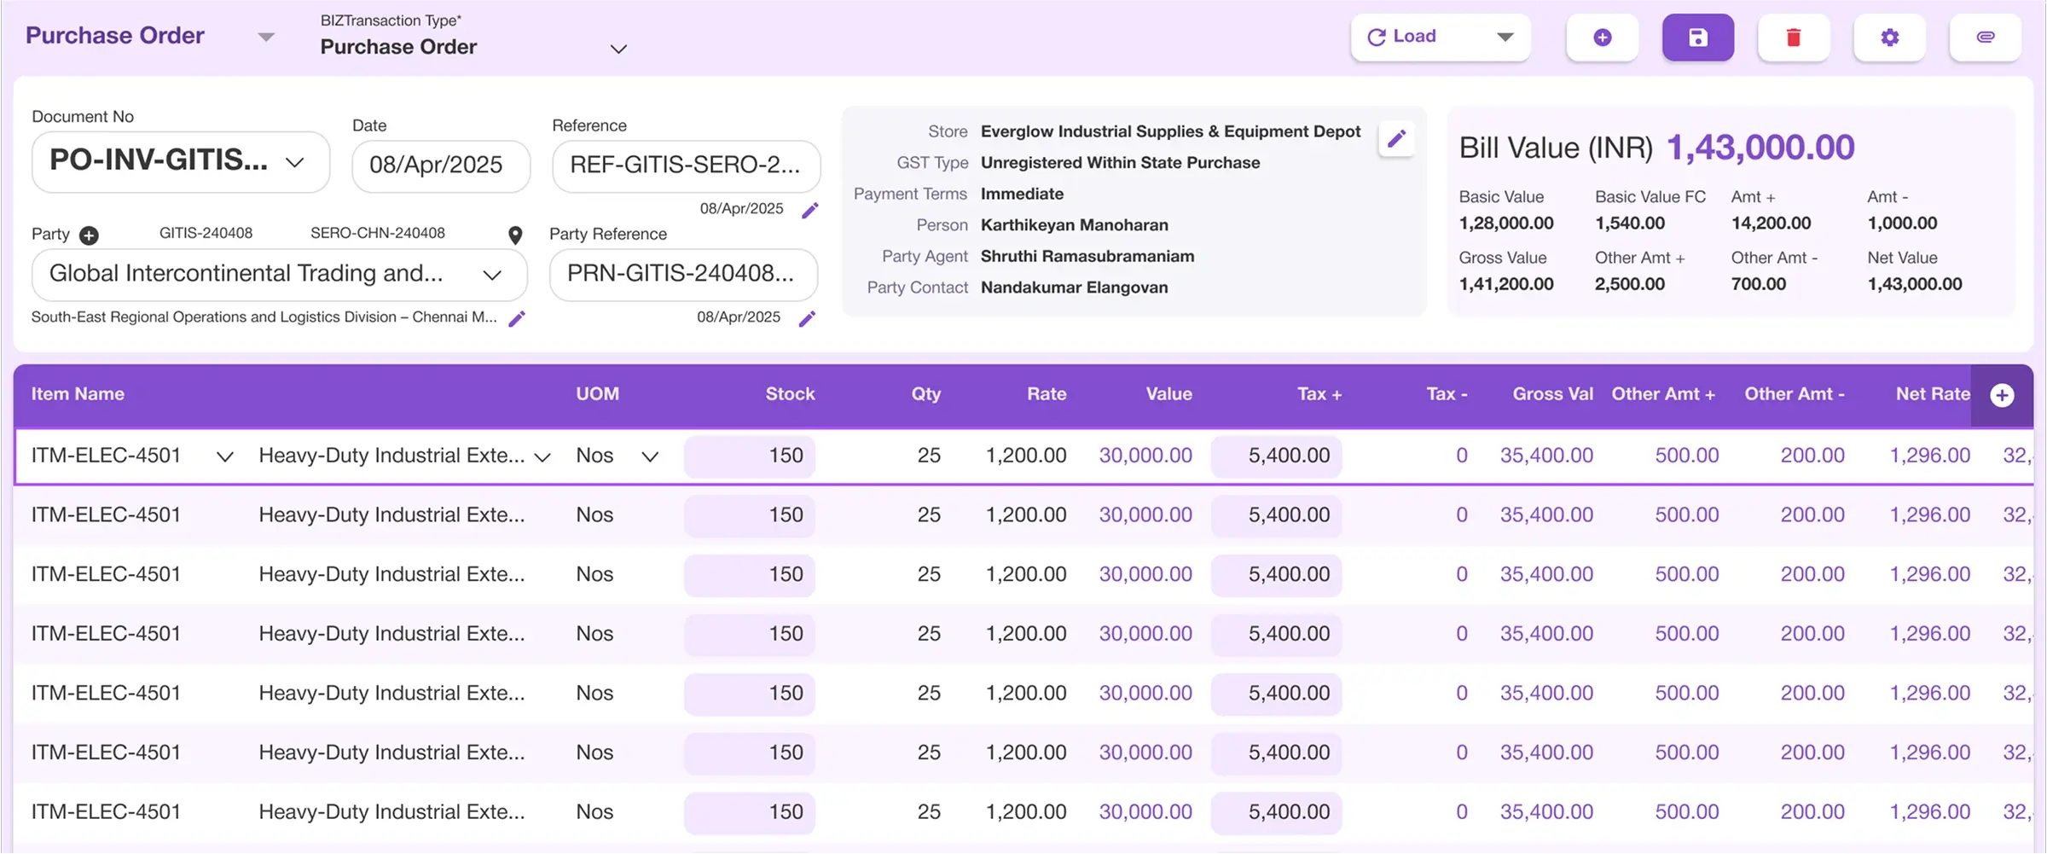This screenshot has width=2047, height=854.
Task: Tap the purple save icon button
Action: pyautogui.click(x=1697, y=38)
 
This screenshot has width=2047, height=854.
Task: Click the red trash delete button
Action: pyautogui.click(x=1793, y=38)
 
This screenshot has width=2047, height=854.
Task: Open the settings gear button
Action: pyautogui.click(x=1889, y=38)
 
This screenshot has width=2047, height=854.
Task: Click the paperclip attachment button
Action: pyautogui.click(x=1985, y=38)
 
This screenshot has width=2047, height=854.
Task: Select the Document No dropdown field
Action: pyautogui.click(x=180, y=162)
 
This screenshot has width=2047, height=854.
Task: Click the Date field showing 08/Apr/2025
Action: pyautogui.click(x=440, y=166)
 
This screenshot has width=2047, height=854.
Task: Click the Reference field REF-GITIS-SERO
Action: pyautogui.click(x=686, y=166)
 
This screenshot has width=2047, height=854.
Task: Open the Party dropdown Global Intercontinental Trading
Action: pyautogui.click(x=279, y=274)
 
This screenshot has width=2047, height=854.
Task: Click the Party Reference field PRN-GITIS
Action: pyautogui.click(x=682, y=274)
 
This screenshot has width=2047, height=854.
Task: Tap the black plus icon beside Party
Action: pyautogui.click(x=89, y=235)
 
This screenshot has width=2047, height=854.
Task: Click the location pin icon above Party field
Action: pyautogui.click(x=515, y=235)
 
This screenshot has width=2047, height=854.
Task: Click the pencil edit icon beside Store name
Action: pyautogui.click(x=1396, y=139)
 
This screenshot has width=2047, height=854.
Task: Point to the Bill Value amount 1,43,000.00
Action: pyautogui.click(x=1760, y=148)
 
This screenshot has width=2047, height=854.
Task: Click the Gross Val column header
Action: pyautogui.click(x=1552, y=394)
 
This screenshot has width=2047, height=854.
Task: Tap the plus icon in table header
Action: pyautogui.click(x=2002, y=395)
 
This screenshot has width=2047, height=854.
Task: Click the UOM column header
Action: pyautogui.click(x=597, y=394)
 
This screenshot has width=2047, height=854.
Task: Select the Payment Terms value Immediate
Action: pyautogui.click(x=1022, y=194)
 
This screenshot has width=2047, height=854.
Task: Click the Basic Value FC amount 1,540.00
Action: pyautogui.click(x=1629, y=224)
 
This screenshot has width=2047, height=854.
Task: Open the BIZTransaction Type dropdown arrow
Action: pyautogui.click(x=619, y=49)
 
